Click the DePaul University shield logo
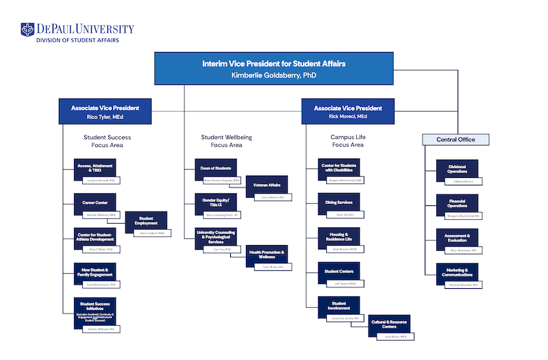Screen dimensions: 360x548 tap(27, 30)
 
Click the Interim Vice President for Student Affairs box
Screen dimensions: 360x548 tap(273, 68)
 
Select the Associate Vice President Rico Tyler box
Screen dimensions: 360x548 tap(105, 112)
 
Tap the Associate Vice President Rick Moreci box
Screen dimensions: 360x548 tap(348, 112)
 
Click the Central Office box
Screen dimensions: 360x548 tap(456, 140)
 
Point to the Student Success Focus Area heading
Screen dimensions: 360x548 tap(108, 141)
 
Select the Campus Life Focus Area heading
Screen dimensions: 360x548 tap(348, 141)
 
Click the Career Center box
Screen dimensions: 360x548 tap(95, 203)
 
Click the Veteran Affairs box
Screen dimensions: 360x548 tap(267, 185)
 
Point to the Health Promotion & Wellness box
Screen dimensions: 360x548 tap(267, 255)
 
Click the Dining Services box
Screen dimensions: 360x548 tap(338, 203)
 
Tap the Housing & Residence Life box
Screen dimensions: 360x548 tap(338, 237)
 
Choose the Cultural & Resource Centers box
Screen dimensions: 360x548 tap(388, 325)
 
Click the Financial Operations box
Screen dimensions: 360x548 tap(457, 203)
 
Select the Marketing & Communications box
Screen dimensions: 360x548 tap(457, 272)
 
